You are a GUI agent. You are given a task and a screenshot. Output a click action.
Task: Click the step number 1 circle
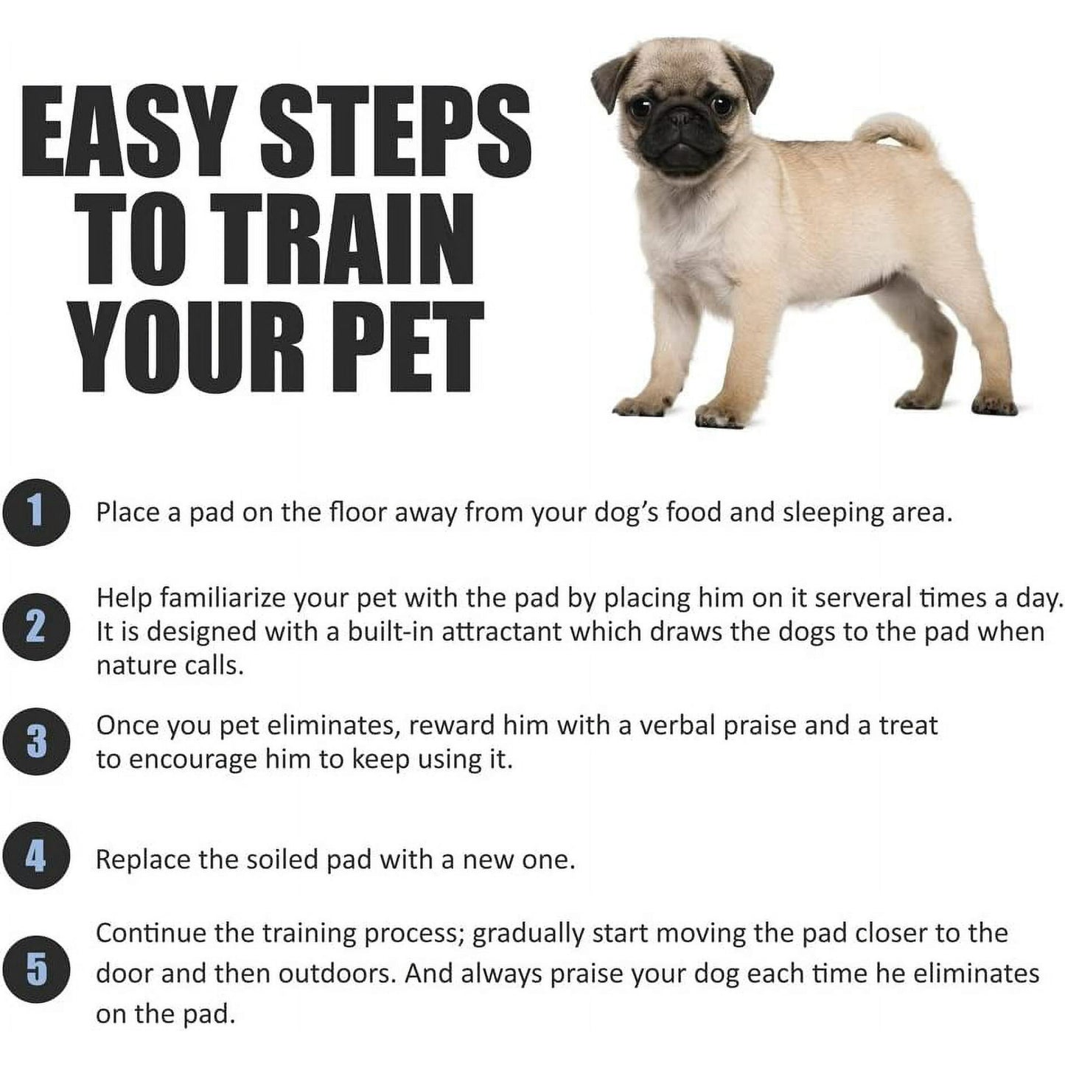point(36,511)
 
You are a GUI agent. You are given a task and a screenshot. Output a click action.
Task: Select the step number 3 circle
point(36,741)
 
